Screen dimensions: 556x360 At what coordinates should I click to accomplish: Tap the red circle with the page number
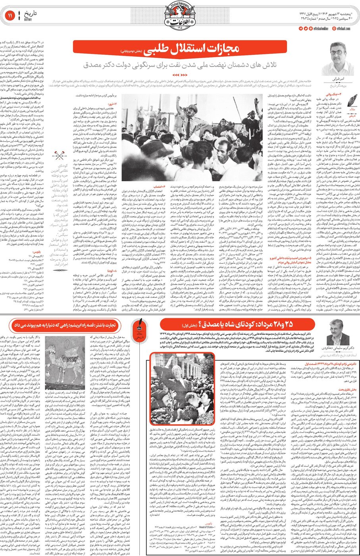(10, 15)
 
